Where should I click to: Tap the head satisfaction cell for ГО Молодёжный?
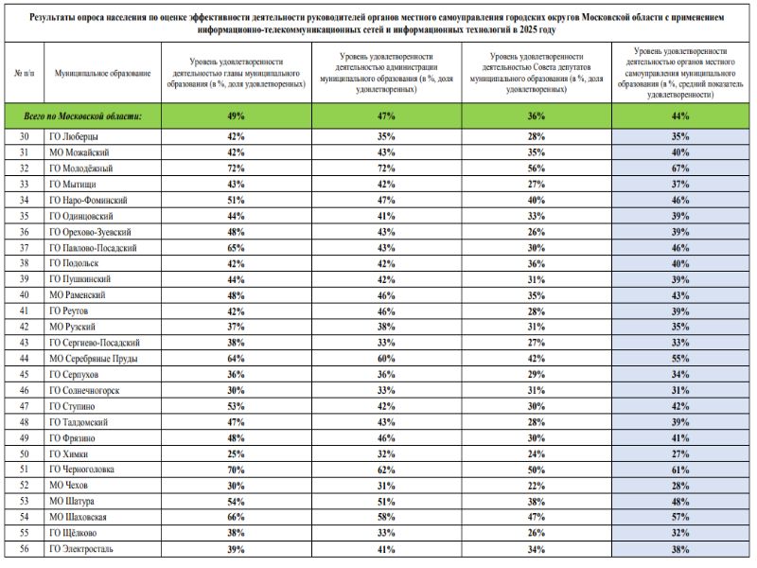pyautogui.click(x=237, y=169)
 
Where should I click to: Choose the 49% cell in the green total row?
pyautogui.click(x=237, y=115)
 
